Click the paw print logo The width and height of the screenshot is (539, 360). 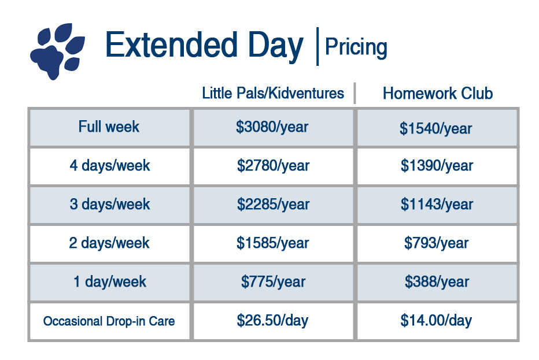pyautogui.click(x=57, y=51)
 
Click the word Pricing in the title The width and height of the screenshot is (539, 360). pyautogui.click(x=356, y=47)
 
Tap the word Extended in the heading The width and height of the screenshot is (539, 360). pyautogui.click(x=171, y=44)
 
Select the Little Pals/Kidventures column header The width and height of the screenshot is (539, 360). pyautogui.click(x=273, y=93)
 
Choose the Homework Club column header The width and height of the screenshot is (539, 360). pyautogui.click(x=438, y=93)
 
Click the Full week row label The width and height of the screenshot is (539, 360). pyautogui.click(x=109, y=127)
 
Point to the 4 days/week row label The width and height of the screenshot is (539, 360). pyautogui.click(x=110, y=166)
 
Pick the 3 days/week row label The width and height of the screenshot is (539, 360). pyautogui.click(x=110, y=204)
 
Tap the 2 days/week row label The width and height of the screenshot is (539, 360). pyautogui.click(x=109, y=243)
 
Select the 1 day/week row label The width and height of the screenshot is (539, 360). pyautogui.click(x=110, y=281)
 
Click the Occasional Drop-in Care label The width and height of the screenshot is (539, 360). pyautogui.click(x=109, y=321)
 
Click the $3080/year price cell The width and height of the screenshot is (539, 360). pyautogui.click(x=272, y=127)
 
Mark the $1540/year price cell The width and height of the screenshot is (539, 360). pyautogui.click(x=435, y=128)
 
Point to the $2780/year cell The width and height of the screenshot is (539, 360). pyautogui.click(x=274, y=166)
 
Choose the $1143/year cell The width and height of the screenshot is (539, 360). pyautogui.click(x=437, y=205)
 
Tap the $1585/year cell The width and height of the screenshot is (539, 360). pyautogui.click(x=272, y=243)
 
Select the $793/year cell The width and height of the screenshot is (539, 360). pyautogui.click(x=436, y=243)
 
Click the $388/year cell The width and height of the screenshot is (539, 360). pyautogui.click(x=437, y=281)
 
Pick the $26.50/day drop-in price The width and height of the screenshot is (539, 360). pyautogui.click(x=272, y=321)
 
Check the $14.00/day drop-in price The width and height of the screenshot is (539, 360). pyautogui.click(x=436, y=321)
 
